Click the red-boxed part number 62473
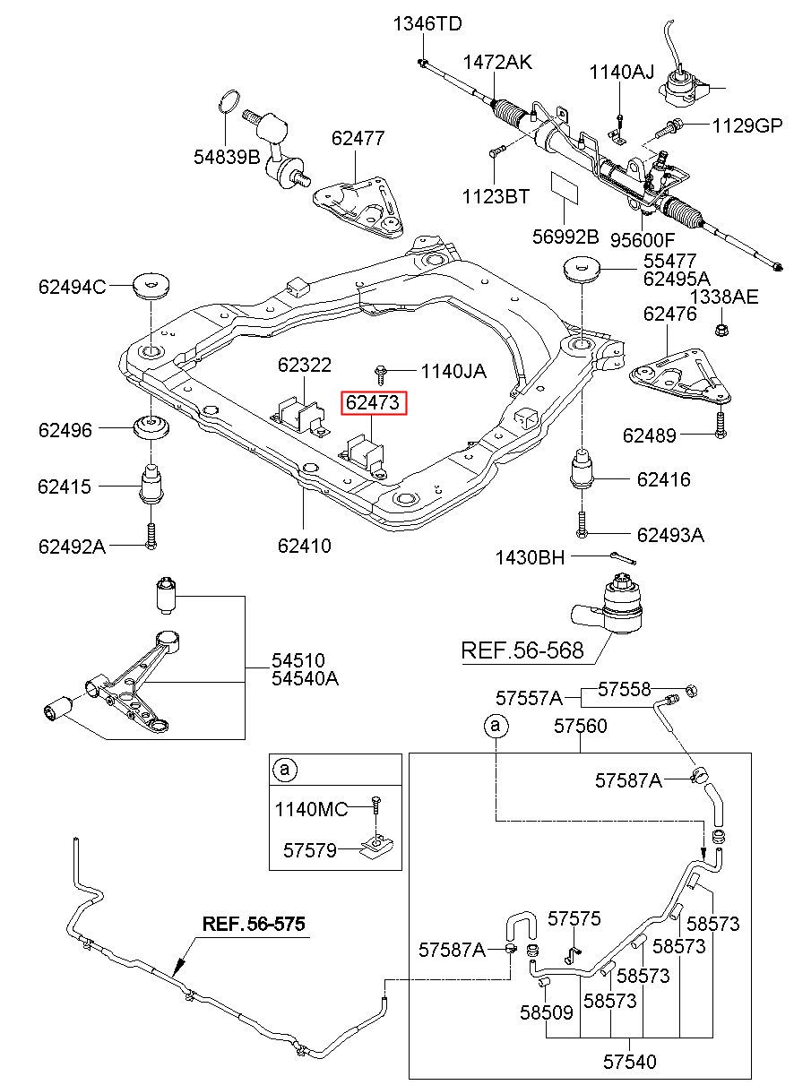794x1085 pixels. pos(373,402)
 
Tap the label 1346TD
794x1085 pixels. pos(427,23)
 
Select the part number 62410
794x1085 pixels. pos(304,546)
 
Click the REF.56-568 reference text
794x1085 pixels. pos(522,650)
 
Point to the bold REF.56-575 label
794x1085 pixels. pos(254,924)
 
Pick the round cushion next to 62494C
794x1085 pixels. pos(151,288)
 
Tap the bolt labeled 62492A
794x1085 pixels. pos(151,537)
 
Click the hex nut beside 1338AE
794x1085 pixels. pos(721,330)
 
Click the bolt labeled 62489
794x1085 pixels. pos(721,425)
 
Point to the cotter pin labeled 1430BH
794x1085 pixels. pos(623,558)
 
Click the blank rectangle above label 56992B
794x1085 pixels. pos(565,186)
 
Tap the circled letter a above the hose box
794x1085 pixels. pos(496,725)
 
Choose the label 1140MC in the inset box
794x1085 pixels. pos(311,809)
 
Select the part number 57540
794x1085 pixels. pos(630,1062)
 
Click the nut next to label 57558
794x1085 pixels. pos(692,690)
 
